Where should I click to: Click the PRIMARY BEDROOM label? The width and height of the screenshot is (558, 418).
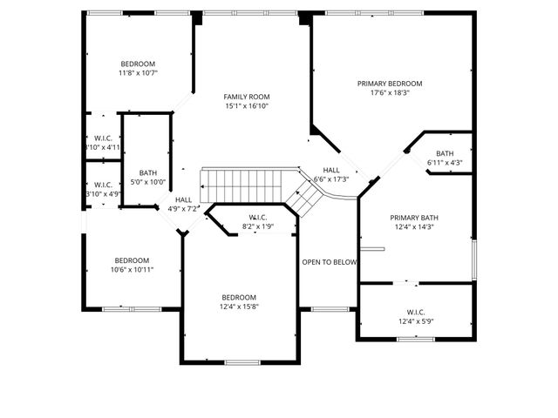point(390,84)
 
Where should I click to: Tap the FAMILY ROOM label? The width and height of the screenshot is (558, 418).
point(246,97)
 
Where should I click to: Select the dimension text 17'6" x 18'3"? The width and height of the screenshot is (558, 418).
point(390,93)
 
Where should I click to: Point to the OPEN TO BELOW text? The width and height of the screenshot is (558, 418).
point(329,262)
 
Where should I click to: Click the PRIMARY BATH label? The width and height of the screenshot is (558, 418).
point(415,218)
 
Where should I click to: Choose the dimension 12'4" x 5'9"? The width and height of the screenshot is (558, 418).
point(415,321)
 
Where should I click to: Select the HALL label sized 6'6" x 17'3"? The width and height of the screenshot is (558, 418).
point(331,170)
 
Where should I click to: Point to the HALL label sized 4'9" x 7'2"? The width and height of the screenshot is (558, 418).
point(183,199)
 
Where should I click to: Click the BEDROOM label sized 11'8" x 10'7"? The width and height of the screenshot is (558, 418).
point(138,64)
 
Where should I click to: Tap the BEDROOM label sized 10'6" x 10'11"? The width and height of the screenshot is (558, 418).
point(132,260)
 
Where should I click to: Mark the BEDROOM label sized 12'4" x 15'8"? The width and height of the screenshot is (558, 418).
point(239,297)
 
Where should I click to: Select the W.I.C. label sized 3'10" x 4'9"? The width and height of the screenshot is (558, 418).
point(102,185)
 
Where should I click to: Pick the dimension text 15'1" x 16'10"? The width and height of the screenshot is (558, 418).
point(246,106)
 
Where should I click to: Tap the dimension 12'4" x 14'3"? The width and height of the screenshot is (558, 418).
point(415,227)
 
